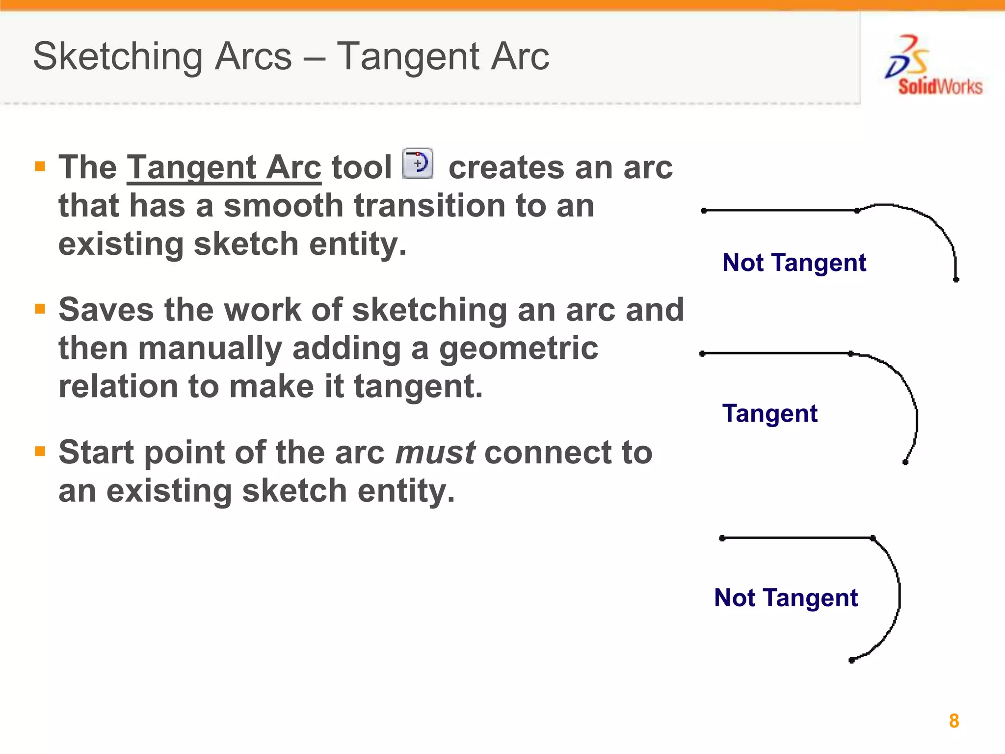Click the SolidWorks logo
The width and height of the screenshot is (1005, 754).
point(932,66)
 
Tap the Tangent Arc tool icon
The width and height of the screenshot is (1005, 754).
point(418,163)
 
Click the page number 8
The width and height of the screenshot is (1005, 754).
point(953,721)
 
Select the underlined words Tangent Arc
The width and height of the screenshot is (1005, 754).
point(224,168)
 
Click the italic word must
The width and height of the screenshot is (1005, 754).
point(435,453)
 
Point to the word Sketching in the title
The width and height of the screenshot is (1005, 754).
point(117,56)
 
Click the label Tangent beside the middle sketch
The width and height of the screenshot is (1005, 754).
point(769,413)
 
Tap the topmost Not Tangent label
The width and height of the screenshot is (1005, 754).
point(794,263)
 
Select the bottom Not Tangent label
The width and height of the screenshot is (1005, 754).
point(786,598)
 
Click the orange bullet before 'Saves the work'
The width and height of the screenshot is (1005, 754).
point(40,309)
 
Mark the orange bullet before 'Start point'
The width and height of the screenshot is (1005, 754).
point(40,451)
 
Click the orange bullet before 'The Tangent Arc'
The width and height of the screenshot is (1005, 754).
point(40,166)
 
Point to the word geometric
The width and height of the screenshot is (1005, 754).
point(518,349)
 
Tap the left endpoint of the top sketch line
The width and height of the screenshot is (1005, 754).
point(704,211)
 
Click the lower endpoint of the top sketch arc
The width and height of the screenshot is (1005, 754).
point(956,280)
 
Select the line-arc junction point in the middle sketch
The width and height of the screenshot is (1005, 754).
point(850,353)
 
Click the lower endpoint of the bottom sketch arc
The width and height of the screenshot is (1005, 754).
point(851,661)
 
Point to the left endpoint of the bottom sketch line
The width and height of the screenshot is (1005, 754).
point(722,538)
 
